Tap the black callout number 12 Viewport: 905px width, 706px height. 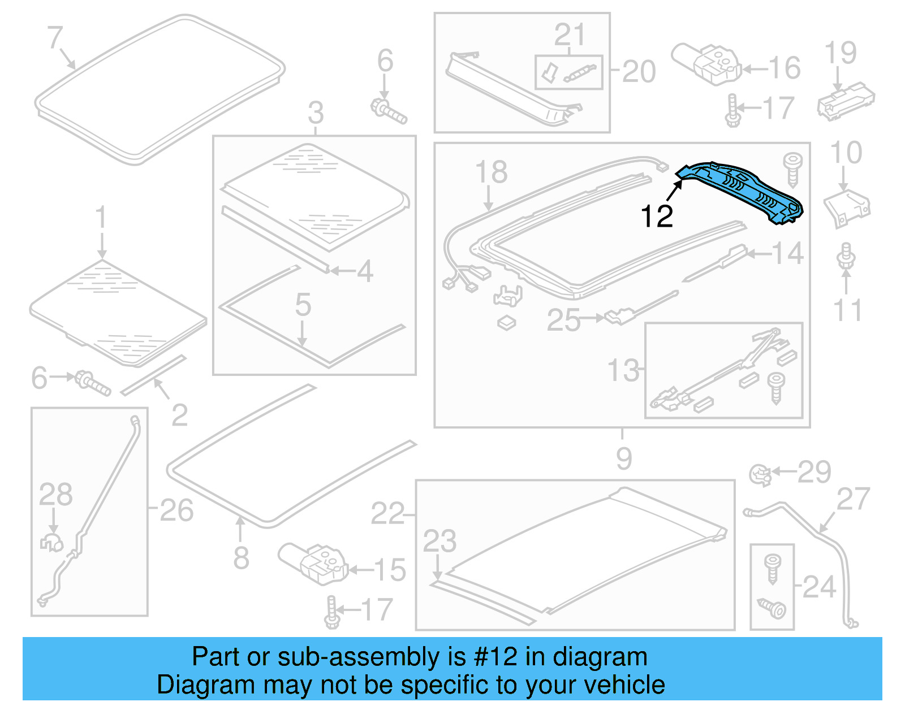657,216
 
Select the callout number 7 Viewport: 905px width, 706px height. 54,38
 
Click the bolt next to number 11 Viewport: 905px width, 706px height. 846,257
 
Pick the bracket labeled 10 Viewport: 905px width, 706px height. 847,207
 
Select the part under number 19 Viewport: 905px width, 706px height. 846,101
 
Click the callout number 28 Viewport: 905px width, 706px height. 55,494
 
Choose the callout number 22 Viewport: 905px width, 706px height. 387,514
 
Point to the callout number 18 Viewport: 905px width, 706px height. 491,172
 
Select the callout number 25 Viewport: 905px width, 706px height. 563,320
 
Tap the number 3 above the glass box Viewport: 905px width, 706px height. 316,112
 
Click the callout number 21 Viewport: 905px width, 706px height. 569,35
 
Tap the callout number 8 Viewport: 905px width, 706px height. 241,558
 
